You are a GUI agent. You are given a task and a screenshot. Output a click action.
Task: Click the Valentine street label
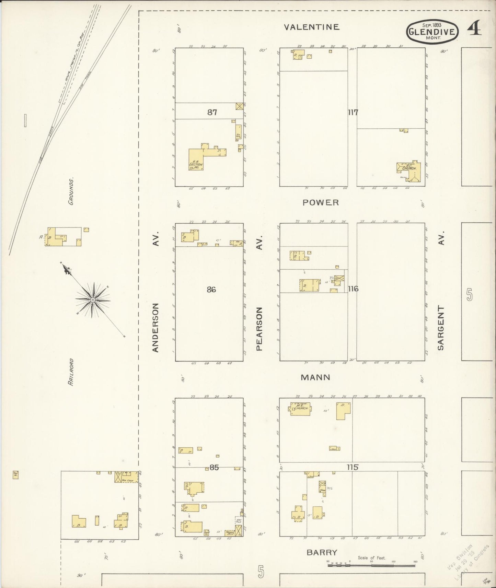(x=312, y=27)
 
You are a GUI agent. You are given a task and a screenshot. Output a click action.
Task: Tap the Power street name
(x=321, y=202)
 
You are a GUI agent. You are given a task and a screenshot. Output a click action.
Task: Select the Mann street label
(x=315, y=377)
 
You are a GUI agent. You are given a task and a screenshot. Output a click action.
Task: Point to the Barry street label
(x=322, y=552)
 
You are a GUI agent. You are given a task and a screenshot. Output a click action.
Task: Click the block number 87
(x=212, y=112)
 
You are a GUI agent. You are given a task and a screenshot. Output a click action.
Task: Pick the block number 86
(x=211, y=290)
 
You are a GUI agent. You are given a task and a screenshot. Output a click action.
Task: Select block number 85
(x=214, y=467)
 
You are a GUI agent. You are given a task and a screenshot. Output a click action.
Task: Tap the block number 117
(x=353, y=112)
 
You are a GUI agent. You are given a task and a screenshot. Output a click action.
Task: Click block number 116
(x=353, y=289)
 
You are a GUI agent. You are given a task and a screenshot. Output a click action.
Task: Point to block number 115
(x=352, y=467)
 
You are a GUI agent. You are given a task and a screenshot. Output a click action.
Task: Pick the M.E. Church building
(x=301, y=409)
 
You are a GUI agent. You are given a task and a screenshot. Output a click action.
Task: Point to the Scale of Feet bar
(x=371, y=565)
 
